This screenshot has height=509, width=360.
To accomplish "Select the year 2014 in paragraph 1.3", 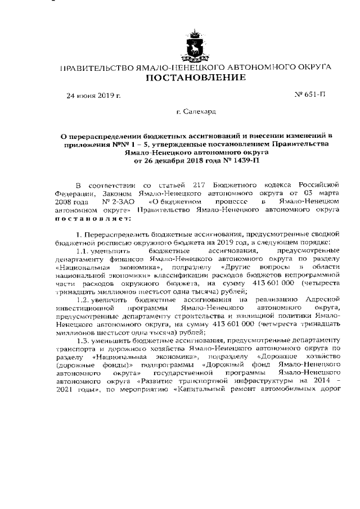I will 318,382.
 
